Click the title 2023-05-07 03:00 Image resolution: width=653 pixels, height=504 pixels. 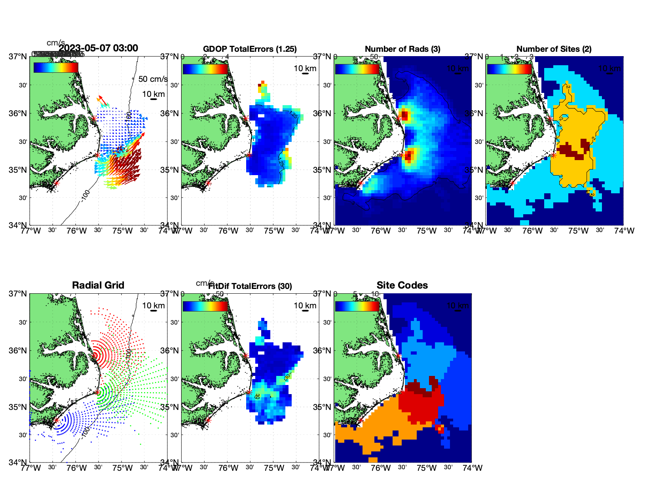98,48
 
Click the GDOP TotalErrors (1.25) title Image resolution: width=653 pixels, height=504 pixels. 250,49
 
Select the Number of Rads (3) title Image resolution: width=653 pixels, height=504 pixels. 402,49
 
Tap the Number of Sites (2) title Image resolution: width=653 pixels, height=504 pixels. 554,49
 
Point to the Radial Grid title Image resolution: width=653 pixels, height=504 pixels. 98,285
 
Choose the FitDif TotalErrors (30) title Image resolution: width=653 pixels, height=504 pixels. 250,286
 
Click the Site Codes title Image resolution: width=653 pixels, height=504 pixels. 402,285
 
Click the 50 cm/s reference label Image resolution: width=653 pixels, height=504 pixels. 153,79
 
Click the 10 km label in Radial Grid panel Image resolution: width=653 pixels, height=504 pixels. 154,306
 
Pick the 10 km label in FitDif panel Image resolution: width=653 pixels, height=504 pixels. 305,306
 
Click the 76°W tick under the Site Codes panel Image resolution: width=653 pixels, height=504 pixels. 381,468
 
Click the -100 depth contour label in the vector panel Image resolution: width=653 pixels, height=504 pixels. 85,195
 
